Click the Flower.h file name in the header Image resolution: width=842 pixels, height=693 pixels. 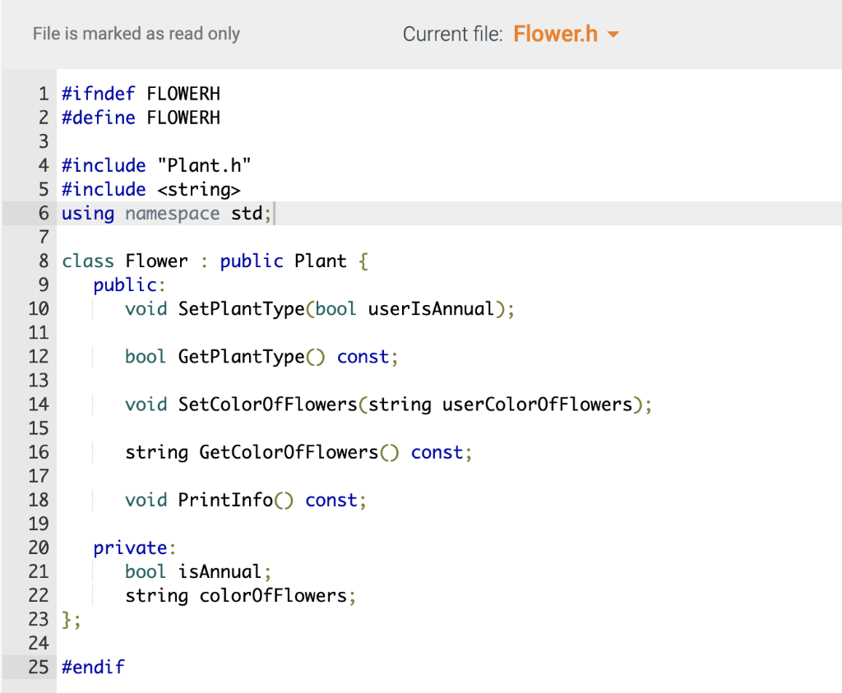point(555,35)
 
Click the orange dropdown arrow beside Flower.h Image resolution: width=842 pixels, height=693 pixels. point(613,35)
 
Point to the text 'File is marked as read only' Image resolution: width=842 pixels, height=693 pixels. point(136,35)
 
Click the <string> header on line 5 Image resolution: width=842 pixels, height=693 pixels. point(199,190)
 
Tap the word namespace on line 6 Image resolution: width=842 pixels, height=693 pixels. point(173,214)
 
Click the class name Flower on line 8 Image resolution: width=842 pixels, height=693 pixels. point(157,261)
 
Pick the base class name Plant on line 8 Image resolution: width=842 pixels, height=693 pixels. point(321,261)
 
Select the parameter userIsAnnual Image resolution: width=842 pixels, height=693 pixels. point(431,309)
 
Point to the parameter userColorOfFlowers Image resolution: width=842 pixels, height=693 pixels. point(537,404)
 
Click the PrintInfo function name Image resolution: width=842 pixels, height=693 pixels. point(225,500)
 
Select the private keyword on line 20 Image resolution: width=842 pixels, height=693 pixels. point(131,547)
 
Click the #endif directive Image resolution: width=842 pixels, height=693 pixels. point(93,667)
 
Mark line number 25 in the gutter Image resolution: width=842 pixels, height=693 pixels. point(39,667)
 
